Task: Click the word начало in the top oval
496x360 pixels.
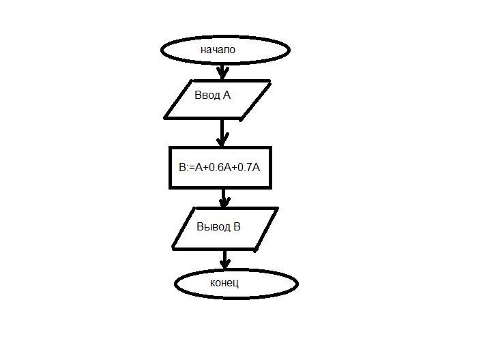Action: (218, 50)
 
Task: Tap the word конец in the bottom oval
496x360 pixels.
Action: (224, 283)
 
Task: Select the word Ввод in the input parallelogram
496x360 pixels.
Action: (207, 95)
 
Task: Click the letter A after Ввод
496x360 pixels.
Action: (227, 95)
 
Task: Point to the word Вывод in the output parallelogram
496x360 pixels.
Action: (214, 226)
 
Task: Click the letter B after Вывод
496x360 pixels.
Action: (237, 226)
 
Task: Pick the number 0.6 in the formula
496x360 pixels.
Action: (216, 167)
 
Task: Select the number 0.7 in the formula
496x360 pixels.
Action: (244, 167)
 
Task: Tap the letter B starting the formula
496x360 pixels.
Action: (183, 167)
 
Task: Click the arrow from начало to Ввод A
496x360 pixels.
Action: (222, 72)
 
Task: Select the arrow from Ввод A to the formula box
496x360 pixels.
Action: (222, 133)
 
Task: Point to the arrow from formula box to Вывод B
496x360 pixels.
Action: (224, 198)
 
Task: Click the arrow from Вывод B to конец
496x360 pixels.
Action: (224, 260)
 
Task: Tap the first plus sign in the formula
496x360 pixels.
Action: (206, 168)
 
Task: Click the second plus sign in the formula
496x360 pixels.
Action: (234, 168)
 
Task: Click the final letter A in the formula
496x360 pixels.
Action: (256, 167)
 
